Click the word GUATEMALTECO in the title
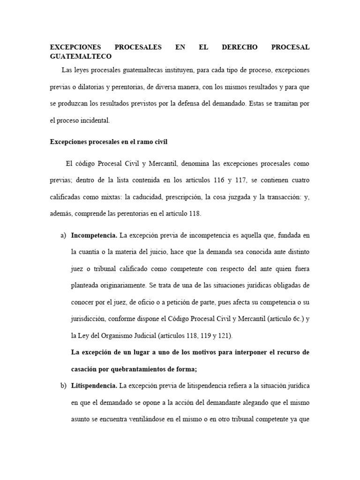tap(81, 56)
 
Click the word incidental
tap(94, 120)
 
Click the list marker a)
tap(63, 235)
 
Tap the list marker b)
tap(63, 386)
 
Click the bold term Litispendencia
tap(94, 386)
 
